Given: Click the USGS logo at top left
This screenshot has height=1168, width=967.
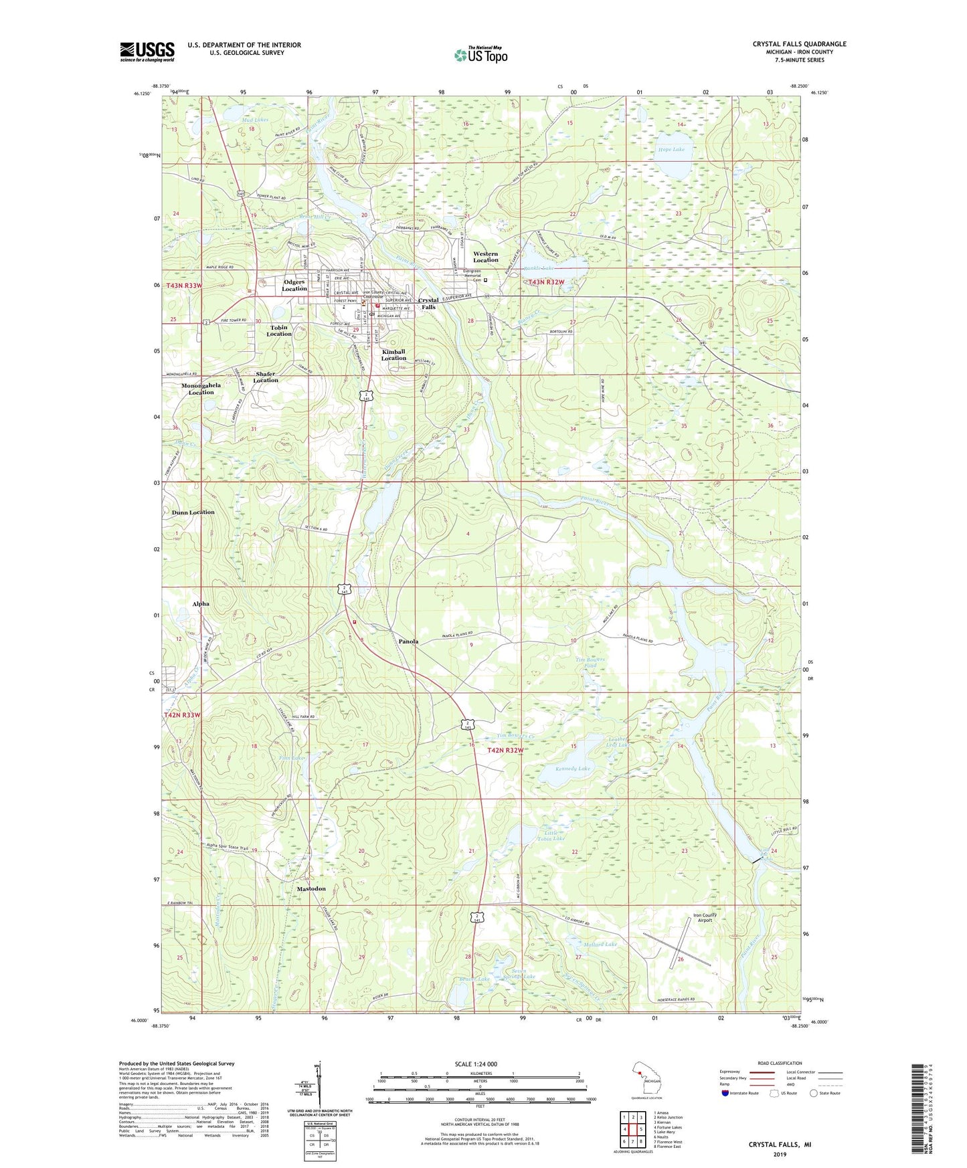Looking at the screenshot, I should pos(147,51).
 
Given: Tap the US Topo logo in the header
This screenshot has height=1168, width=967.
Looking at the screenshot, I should pos(480,55).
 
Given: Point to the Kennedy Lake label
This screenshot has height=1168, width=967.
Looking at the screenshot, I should pos(573,769).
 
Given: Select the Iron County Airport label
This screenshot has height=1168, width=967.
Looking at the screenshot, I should pos(705,918).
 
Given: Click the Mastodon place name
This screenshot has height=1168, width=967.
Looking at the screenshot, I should pos(311,888).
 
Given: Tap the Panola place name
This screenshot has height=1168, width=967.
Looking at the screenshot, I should pos(408,642).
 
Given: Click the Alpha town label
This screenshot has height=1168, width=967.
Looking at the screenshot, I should pos(201,603).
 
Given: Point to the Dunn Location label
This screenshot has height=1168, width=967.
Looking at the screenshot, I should pos(193,512).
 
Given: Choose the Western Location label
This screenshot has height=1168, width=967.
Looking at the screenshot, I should pos(486,257).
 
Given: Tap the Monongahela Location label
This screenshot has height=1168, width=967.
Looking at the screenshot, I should pos(201,389).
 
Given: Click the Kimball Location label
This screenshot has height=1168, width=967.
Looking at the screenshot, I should pos(393,355).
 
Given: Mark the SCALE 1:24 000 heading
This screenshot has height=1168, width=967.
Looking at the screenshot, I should pos(476,1064).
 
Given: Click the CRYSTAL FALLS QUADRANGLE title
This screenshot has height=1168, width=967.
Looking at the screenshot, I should pos(799,44).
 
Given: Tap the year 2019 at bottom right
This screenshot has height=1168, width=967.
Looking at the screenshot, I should pos(780,1155).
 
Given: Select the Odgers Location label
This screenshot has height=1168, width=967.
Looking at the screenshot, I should pos(294,286).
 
